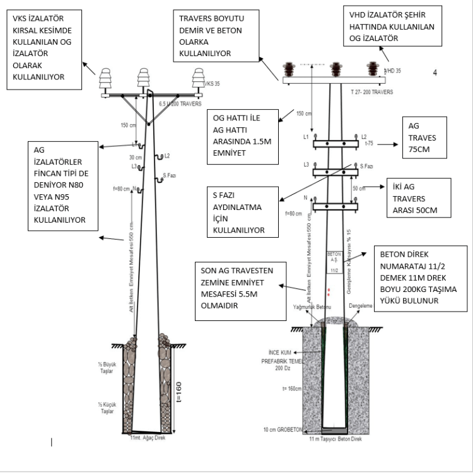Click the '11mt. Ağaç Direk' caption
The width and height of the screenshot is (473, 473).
point(147,437)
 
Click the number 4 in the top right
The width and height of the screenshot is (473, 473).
point(435,73)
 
